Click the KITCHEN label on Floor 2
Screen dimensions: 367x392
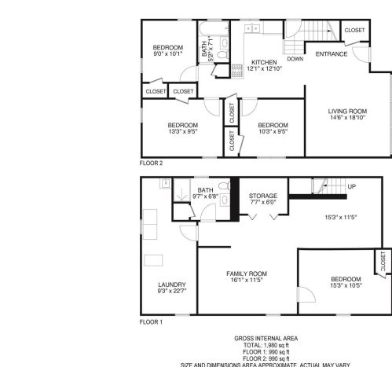(264, 61)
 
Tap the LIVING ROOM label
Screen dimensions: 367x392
(347, 111)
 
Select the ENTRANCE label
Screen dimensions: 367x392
(332, 54)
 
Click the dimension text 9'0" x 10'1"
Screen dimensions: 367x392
(167, 54)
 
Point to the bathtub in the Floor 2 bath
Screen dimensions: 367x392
(207, 32)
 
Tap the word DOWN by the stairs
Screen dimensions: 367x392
(295, 59)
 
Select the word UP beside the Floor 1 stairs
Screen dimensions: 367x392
(351, 187)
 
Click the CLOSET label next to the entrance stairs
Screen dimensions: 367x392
(354, 30)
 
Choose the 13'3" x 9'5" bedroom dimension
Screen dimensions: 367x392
(182, 132)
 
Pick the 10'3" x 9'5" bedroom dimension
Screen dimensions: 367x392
(273, 132)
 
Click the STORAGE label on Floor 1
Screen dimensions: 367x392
(262, 195)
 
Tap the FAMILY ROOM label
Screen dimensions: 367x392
(247, 273)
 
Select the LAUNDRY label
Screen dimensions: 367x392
(170, 284)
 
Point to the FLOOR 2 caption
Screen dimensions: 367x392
(151, 163)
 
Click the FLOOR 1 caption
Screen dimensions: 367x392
(151, 322)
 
